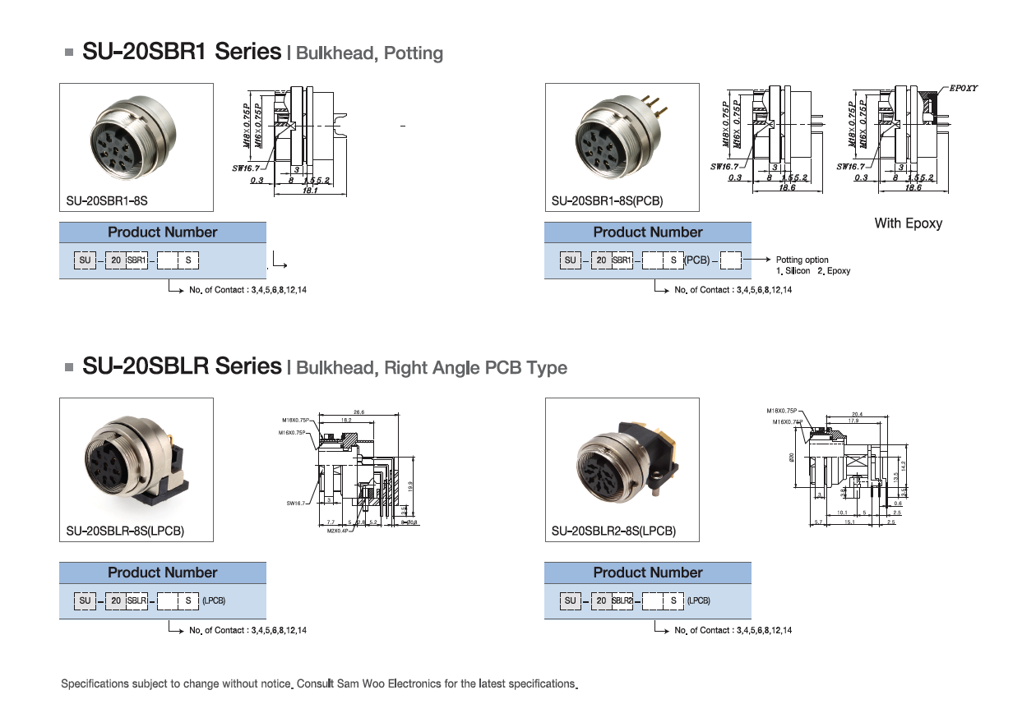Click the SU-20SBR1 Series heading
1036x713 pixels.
click(x=182, y=53)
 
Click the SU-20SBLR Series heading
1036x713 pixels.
click(x=182, y=366)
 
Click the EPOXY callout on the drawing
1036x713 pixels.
click(x=963, y=88)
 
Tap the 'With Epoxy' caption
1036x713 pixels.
click(x=908, y=223)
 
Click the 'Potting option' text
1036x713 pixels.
click(x=802, y=260)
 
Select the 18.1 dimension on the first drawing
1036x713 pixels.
click(x=311, y=190)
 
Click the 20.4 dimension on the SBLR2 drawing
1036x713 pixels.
click(x=857, y=413)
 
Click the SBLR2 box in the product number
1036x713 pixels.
click(x=622, y=600)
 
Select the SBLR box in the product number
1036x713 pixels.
click(x=137, y=600)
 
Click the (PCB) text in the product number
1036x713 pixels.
click(x=696, y=260)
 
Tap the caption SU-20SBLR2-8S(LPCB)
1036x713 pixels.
click(x=613, y=531)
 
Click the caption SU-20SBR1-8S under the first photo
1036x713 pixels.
click(x=107, y=200)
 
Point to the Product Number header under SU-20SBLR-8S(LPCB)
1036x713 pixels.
click(x=163, y=573)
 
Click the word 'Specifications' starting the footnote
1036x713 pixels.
click(x=92, y=683)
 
